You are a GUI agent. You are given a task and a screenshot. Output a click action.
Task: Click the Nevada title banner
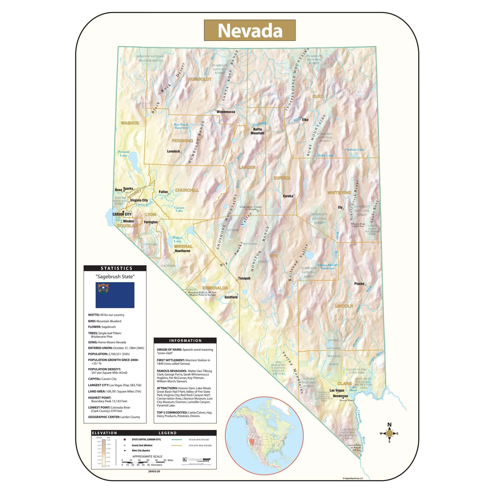[x=250, y=30]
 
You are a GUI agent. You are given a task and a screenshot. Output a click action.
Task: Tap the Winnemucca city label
[x=226, y=112]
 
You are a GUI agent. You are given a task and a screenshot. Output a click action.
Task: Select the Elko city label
[x=305, y=120]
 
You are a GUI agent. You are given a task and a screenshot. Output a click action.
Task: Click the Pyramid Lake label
[x=123, y=153]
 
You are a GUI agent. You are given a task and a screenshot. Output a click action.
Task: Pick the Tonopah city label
[x=244, y=278]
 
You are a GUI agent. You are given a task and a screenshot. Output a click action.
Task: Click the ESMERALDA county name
[x=215, y=288]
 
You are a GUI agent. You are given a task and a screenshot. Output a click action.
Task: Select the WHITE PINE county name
[x=339, y=193]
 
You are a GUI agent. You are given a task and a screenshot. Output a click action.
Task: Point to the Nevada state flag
[x=115, y=295]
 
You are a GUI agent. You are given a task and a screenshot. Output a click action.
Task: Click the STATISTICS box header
[x=115, y=268]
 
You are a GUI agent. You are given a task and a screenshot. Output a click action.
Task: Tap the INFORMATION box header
[x=185, y=340]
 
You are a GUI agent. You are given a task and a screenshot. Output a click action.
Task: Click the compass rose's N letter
[x=389, y=425]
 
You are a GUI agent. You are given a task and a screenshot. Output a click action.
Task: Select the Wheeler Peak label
[x=358, y=225]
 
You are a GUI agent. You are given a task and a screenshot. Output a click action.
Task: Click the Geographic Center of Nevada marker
[x=257, y=211]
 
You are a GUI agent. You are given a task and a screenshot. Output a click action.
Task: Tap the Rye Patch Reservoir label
[x=181, y=126]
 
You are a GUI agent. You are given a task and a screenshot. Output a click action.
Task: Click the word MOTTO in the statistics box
[x=94, y=315]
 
